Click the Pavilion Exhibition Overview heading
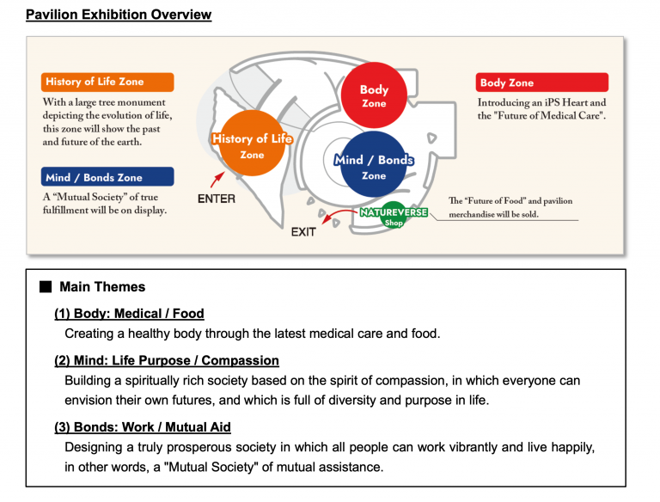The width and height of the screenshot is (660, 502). (x=119, y=15)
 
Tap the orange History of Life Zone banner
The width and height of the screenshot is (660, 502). (x=107, y=83)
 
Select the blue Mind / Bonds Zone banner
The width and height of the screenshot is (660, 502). (x=107, y=177)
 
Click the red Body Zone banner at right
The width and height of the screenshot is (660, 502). (x=542, y=83)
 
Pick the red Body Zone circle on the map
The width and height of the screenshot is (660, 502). (x=374, y=95)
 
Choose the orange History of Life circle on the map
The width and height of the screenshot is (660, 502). (x=252, y=144)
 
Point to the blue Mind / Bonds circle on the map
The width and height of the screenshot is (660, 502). (x=373, y=164)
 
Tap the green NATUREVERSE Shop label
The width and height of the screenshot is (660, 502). (x=394, y=216)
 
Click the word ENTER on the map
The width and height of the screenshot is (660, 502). (x=217, y=199)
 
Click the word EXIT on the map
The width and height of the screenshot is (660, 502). (x=303, y=232)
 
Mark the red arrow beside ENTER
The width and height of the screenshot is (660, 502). (x=217, y=180)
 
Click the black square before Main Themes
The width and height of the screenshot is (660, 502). (x=46, y=287)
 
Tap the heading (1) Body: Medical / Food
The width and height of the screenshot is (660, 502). (x=129, y=314)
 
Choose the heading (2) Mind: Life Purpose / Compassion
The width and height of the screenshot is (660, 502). (x=167, y=360)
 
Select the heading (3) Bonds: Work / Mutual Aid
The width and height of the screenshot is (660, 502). (x=143, y=427)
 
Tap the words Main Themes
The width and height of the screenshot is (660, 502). (x=102, y=287)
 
